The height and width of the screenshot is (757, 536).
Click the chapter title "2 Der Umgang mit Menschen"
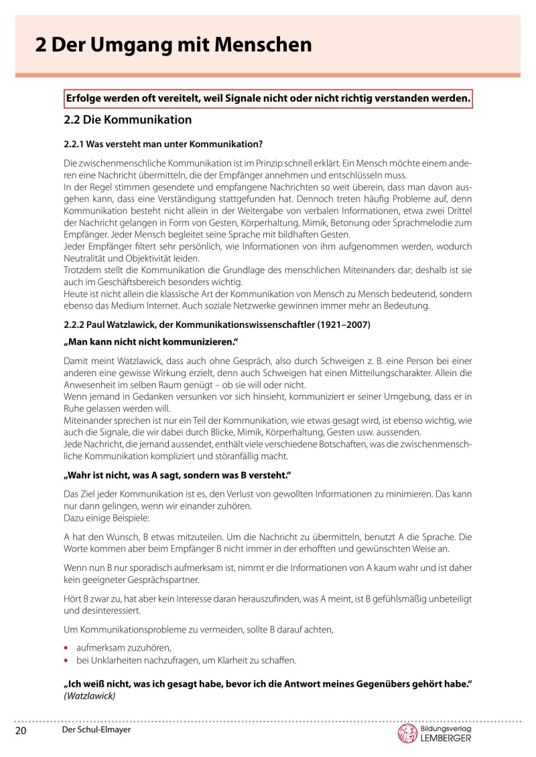click(x=174, y=46)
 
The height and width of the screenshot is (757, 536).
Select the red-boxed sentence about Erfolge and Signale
click(x=268, y=98)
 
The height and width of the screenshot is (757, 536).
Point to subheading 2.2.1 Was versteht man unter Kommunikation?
click(x=163, y=144)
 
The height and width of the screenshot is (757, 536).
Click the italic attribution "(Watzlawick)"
click(x=90, y=696)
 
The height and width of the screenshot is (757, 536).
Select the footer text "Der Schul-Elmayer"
click(x=94, y=730)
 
